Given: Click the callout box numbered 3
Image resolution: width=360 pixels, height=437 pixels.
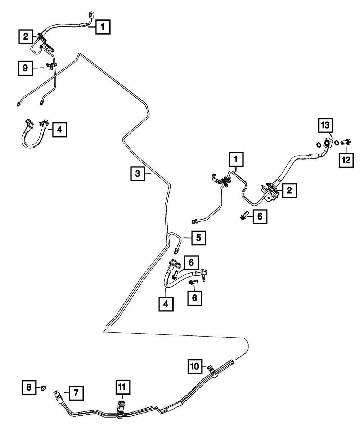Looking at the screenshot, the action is point(138,174).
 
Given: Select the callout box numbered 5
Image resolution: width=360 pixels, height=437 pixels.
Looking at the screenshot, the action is point(198,238).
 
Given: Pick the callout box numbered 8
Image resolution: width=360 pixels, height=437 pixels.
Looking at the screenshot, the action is point(29,387).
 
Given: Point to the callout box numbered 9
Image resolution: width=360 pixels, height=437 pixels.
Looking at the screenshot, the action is point(25,68).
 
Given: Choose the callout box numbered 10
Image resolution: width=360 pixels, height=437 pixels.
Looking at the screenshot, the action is point(195,366).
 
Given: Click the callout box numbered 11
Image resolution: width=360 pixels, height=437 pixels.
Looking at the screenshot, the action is point(123,387).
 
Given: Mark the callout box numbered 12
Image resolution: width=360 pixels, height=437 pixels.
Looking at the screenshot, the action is point(346,160).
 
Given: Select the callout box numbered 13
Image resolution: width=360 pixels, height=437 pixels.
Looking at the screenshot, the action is point(325,125).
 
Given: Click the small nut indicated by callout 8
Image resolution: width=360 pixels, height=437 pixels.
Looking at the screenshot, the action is point(44,388).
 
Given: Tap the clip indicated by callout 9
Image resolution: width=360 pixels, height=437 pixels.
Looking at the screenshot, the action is point(51,66).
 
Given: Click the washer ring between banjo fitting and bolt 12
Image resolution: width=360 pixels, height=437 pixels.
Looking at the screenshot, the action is point(337,143).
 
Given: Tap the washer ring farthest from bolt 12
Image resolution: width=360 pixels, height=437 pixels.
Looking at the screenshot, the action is point(318,145).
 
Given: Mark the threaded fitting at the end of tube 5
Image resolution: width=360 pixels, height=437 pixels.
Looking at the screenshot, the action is point(176,251).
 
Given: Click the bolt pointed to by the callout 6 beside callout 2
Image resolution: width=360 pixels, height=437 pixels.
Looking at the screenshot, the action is point(244,216).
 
